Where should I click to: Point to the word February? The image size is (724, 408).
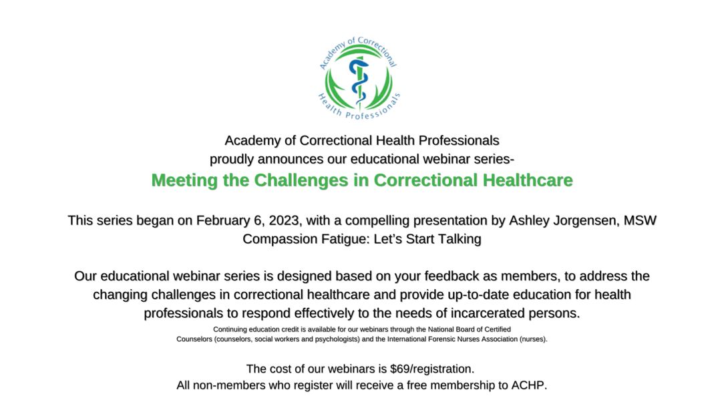223,220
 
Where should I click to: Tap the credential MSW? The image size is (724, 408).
640,220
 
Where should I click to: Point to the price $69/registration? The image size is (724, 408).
431,369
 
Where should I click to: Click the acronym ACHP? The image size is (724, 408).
529,385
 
